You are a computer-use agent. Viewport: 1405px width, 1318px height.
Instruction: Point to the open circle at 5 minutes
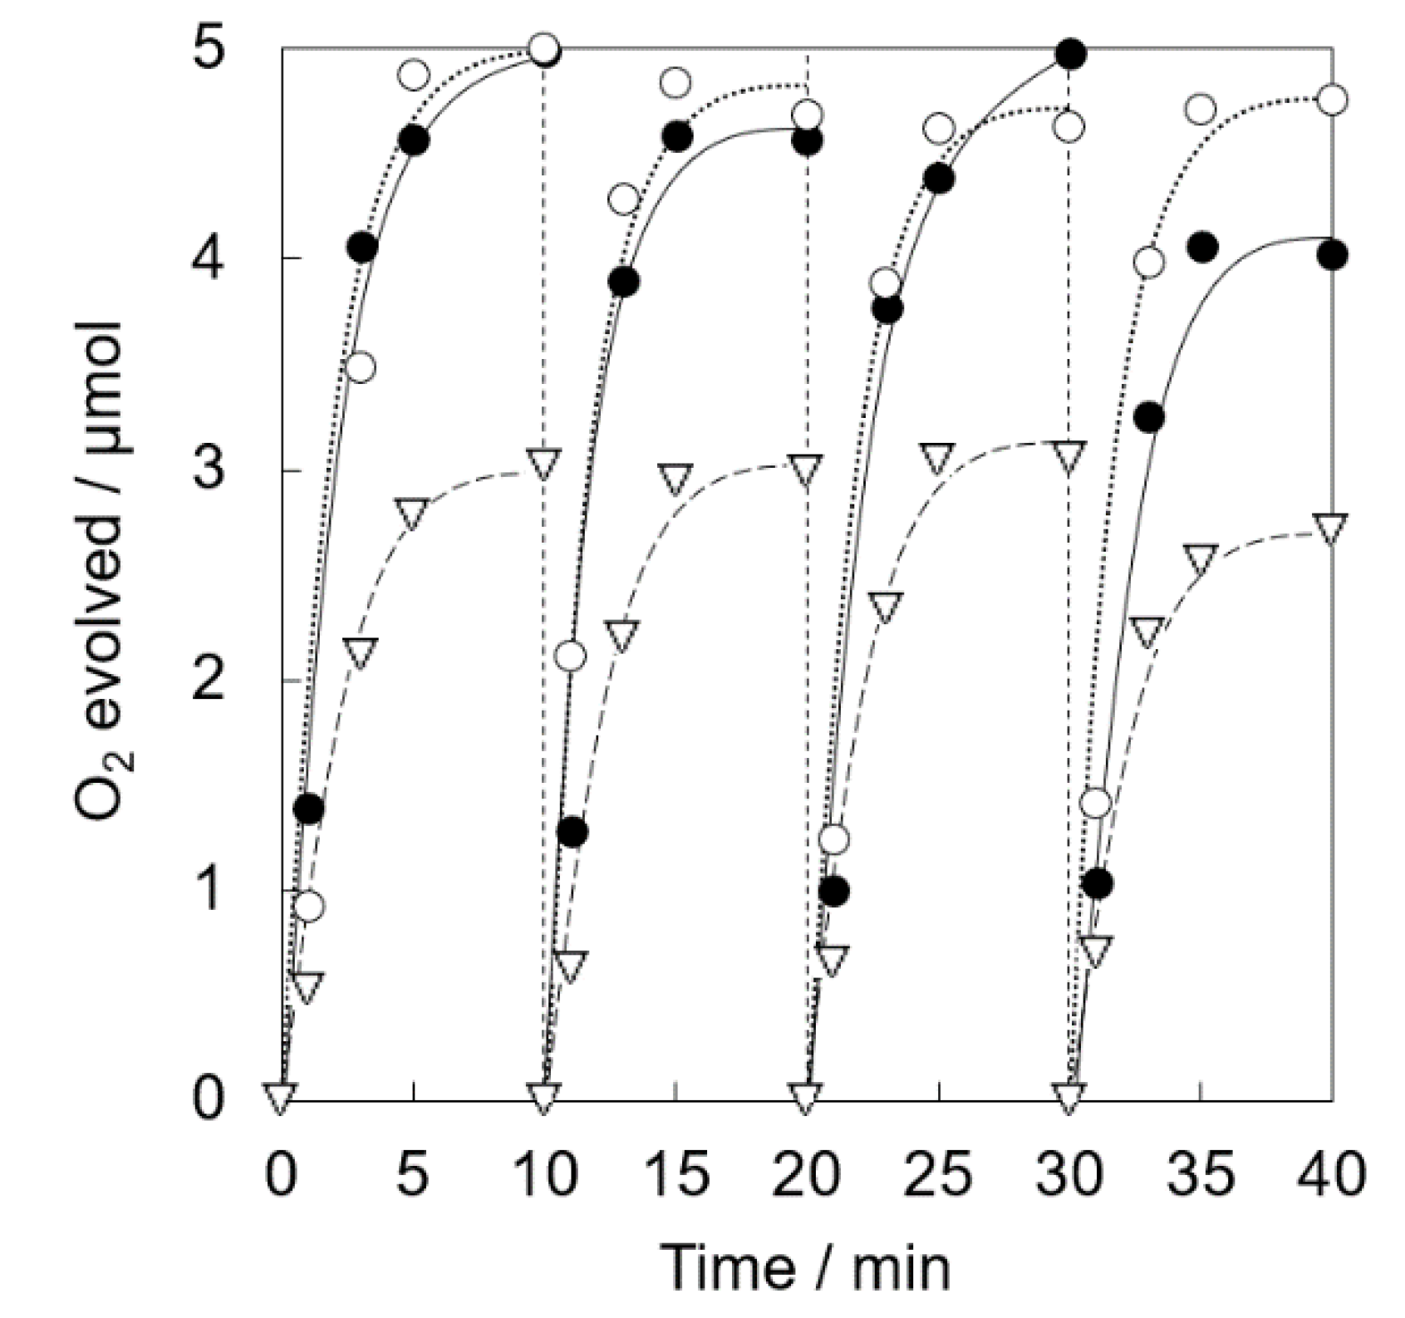(414, 75)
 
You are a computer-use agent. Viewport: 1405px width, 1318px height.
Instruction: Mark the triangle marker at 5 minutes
(412, 513)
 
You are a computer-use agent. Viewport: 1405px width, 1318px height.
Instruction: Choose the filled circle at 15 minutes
(676, 135)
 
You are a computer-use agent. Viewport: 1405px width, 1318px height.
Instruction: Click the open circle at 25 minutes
(939, 129)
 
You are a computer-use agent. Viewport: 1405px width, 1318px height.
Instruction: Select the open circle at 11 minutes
(570, 657)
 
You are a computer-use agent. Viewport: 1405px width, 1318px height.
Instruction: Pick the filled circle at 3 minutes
(361, 247)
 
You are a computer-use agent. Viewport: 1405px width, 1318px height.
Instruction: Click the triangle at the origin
(279, 1098)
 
